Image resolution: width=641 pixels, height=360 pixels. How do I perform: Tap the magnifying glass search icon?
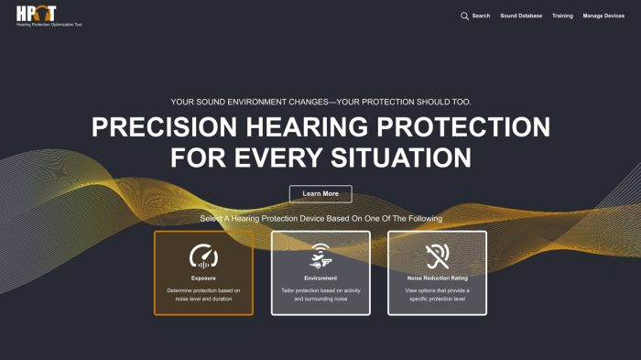point(464,16)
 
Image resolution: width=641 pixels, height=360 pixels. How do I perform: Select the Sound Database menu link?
point(521,16)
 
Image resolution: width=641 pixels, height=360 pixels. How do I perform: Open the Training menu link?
point(562,16)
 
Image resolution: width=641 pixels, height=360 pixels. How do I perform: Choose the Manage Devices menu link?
point(603,16)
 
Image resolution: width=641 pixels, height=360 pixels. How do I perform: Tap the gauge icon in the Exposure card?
point(203,255)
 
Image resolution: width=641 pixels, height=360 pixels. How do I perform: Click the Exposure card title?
point(203,278)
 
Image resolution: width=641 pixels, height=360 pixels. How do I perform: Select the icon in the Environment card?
point(320,255)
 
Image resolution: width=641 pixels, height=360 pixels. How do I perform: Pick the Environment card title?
point(320,278)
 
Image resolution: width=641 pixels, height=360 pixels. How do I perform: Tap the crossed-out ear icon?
point(437,255)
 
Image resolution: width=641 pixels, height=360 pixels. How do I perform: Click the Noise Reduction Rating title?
point(437,278)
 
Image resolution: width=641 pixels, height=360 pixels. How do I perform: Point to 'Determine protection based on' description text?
point(203,289)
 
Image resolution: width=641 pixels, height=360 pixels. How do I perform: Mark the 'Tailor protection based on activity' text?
point(320,289)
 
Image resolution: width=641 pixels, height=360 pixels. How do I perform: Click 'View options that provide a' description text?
point(437,289)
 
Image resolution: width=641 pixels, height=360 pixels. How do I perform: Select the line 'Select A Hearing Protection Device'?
point(320,219)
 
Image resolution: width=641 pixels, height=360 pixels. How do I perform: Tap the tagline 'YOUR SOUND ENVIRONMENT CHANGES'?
point(320,102)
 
